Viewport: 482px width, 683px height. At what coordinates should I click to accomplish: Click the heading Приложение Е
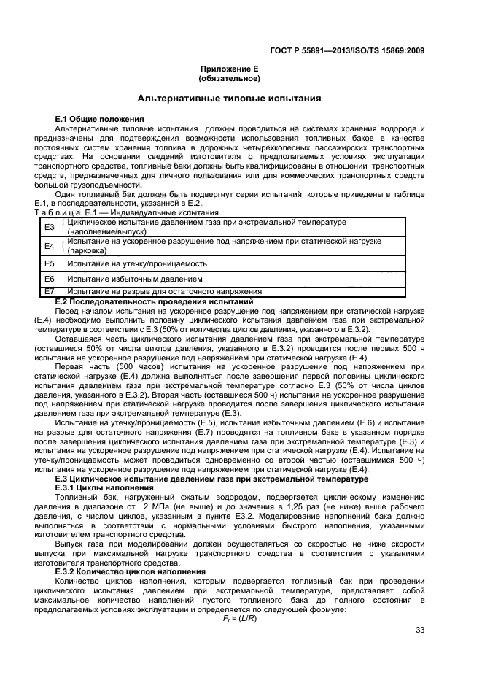tap(230, 69)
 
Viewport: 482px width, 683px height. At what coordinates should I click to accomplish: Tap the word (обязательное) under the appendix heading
tap(230, 77)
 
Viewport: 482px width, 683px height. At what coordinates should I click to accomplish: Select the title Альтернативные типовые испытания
tap(230, 98)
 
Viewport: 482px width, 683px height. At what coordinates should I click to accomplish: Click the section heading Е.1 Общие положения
tap(99, 118)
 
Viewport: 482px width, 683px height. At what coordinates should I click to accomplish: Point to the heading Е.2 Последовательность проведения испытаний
tap(154, 301)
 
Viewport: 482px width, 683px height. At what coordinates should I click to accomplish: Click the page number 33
tap(419, 630)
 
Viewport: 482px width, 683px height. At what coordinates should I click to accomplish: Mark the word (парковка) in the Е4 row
tap(85, 250)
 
